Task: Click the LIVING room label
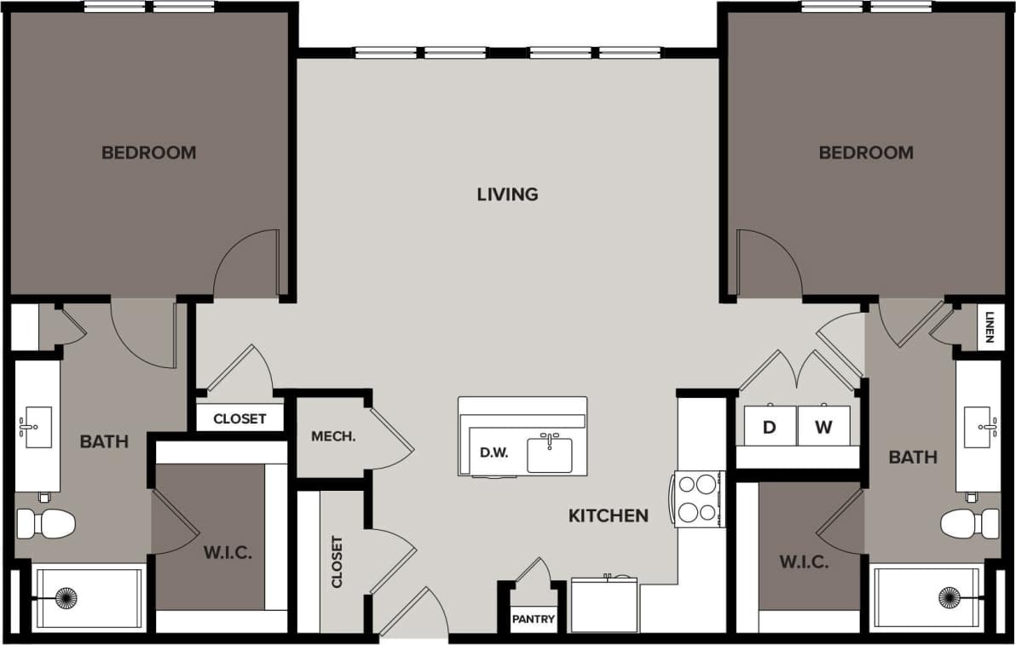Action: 507,194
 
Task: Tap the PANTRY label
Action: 534,619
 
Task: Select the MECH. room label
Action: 333,436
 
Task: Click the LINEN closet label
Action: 989,327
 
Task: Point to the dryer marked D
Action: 769,427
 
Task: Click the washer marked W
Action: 823,427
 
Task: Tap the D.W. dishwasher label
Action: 494,452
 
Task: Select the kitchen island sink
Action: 550,453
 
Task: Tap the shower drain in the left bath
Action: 66,598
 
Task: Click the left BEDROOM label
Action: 148,153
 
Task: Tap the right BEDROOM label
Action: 866,153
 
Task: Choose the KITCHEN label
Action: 609,515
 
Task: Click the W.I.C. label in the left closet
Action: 228,553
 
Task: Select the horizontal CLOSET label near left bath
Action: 240,418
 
